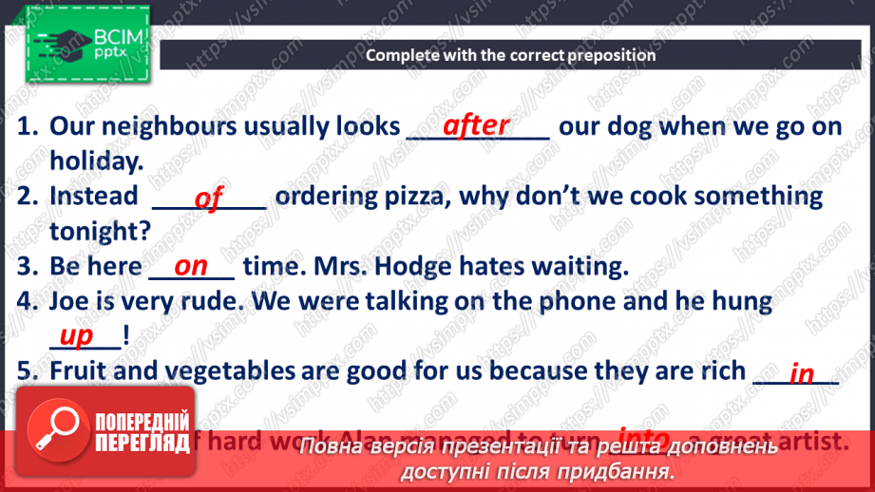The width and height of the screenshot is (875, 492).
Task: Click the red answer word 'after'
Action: point(476,126)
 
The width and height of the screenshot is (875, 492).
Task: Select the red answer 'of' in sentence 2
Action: point(208,198)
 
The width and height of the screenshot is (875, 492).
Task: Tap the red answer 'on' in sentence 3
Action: point(191,267)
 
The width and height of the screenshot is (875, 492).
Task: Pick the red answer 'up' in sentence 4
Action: point(76,335)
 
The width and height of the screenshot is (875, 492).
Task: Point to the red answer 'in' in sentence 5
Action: point(802,373)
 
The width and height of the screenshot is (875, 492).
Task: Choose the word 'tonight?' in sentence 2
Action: point(100,232)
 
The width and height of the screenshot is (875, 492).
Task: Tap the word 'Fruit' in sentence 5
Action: point(79,371)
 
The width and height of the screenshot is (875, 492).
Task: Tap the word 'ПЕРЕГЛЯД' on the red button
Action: point(142,443)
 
